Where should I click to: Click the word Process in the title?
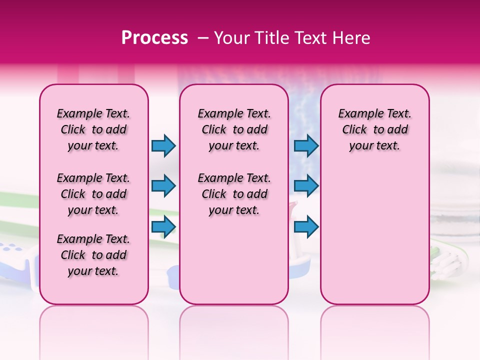(154, 38)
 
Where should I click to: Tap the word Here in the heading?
(350, 38)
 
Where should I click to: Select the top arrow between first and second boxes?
(163, 145)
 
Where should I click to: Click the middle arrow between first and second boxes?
(163, 186)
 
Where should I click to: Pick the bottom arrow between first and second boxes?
(163, 226)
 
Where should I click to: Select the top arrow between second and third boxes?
(306, 145)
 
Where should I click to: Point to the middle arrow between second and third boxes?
(306, 186)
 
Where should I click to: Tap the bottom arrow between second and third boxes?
(306, 226)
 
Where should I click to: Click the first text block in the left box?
(93, 129)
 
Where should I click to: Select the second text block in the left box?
(93, 194)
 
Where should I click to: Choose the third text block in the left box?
(93, 255)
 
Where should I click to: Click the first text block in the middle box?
(234, 129)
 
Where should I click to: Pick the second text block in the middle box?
(234, 194)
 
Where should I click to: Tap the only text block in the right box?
(374, 129)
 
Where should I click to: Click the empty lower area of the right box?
(374, 235)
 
